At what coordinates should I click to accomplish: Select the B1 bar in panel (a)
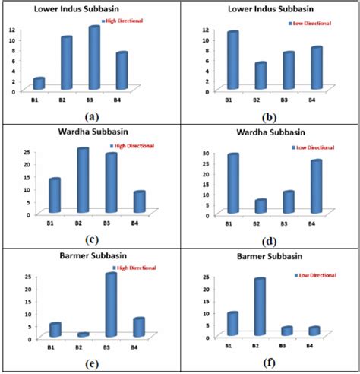tap(39, 83)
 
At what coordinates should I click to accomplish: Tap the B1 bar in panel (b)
tap(232, 61)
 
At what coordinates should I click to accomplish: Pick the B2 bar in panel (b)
tap(261, 76)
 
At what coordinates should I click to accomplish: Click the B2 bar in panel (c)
tap(82, 180)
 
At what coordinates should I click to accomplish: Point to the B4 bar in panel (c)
tap(139, 201)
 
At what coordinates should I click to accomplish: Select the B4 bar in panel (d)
tap(316, 186)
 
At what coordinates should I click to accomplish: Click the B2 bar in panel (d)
tap(261, 206)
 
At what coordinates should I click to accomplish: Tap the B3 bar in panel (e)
tap(112, 305)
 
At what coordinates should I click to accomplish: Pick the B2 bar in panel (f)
tap(261, 307)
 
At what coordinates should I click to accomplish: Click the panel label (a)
tap(92, 116)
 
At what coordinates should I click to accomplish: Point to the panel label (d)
tap(271, 239)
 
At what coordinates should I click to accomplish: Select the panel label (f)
tap(271, 363)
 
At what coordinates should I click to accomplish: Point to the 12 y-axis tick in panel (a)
tap(11, 29)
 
